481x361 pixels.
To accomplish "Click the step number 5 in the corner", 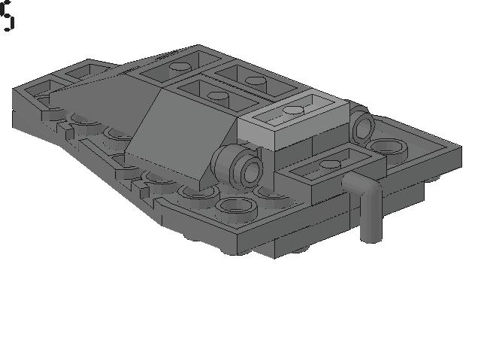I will click(7, 17).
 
